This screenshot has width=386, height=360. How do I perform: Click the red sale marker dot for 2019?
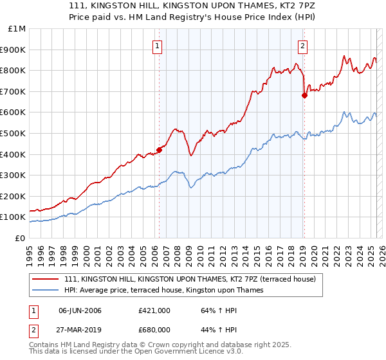(x=304, y=95)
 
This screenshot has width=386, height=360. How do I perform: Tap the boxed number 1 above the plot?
(x=158, y=45)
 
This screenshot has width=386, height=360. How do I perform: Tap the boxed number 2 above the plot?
(x=302, y=45)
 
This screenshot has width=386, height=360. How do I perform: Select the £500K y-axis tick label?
(x=14, y=133)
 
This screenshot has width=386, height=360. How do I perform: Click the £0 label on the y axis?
(x=20, y=238)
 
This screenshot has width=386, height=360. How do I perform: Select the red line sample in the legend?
(x=46, y=280)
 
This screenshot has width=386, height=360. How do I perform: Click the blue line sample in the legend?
(x=46, y=290)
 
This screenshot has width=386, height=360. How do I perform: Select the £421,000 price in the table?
(x=154, y=310)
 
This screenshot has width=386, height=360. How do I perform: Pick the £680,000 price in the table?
(x=154, y=329)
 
